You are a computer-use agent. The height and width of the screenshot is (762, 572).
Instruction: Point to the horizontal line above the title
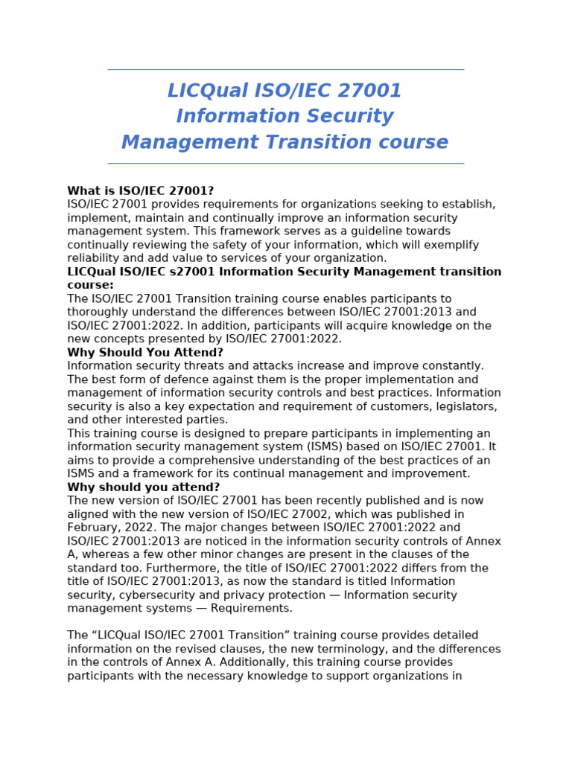tap(285, 70)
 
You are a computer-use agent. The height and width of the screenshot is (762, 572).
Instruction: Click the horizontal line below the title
tap(285, 164)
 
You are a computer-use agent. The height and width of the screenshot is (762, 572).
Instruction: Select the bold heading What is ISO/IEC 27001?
tap(140, 191)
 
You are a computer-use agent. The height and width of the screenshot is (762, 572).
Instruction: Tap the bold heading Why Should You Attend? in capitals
tap(144, 353)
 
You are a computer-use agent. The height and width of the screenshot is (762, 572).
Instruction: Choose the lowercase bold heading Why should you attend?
tap(143, 487)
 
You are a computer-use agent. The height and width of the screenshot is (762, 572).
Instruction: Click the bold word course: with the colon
tap(90, 285)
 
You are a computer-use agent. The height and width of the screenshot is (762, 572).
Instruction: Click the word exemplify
tap(451, 245)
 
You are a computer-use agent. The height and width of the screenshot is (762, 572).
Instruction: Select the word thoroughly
tap(98, 312)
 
